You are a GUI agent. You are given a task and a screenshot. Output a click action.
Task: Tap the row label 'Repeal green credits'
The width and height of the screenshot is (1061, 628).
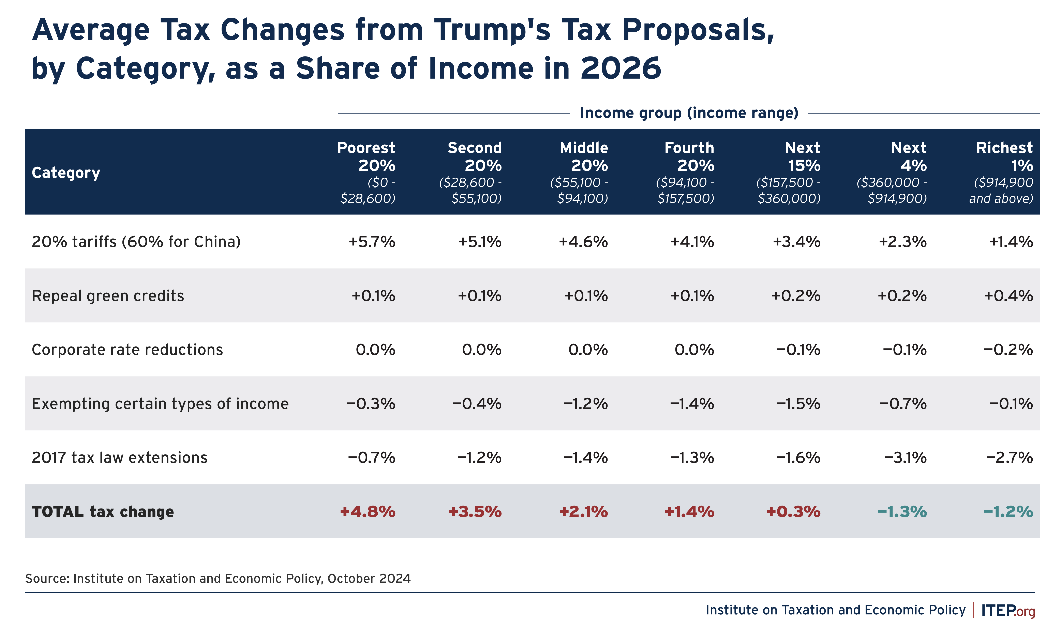pyautogui.click(x=108, y=296)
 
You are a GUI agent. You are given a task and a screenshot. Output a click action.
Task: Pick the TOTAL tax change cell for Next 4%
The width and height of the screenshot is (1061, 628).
pyautogui.click(x=902, y=512)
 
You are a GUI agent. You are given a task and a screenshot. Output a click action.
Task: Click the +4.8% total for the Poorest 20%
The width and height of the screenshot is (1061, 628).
pyautogui.click(x=368, y=512)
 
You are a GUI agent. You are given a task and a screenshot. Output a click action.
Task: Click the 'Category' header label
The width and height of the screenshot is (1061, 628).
pyautogui.click(x=66, y=173)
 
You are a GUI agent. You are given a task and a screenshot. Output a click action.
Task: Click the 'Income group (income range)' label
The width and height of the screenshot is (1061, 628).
pyautogui.click(x=689, y=113)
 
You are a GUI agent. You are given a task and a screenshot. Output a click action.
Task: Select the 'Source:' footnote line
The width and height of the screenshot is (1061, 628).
pyautogui.click(x=218, y=579)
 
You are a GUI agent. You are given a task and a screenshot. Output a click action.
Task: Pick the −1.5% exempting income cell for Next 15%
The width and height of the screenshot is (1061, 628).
pyautogui.click(x=798, y=404)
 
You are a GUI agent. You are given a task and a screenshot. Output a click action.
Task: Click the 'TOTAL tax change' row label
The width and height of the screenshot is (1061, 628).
pyautogui.click(x=103, y=512)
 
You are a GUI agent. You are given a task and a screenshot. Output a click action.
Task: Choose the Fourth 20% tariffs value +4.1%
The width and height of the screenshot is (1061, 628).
pyautogui.click(x=692, y=242)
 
